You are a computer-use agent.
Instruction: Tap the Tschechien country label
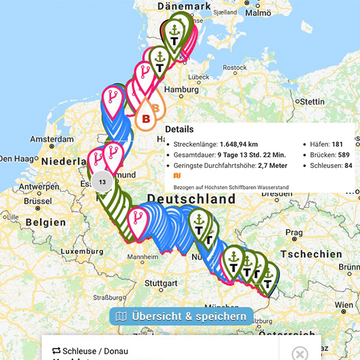tap(310, 254)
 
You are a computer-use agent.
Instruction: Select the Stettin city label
tap(312, 101)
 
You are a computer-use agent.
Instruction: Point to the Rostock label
tap(234, 67)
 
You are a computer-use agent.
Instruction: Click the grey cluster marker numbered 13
tap(102, 182)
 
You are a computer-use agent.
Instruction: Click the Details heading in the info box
tap(179, 129)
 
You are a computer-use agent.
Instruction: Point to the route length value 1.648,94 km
tap(244, 144)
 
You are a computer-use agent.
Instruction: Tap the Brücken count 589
tap(342, 155)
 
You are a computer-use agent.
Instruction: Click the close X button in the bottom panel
tap(300, 353)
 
